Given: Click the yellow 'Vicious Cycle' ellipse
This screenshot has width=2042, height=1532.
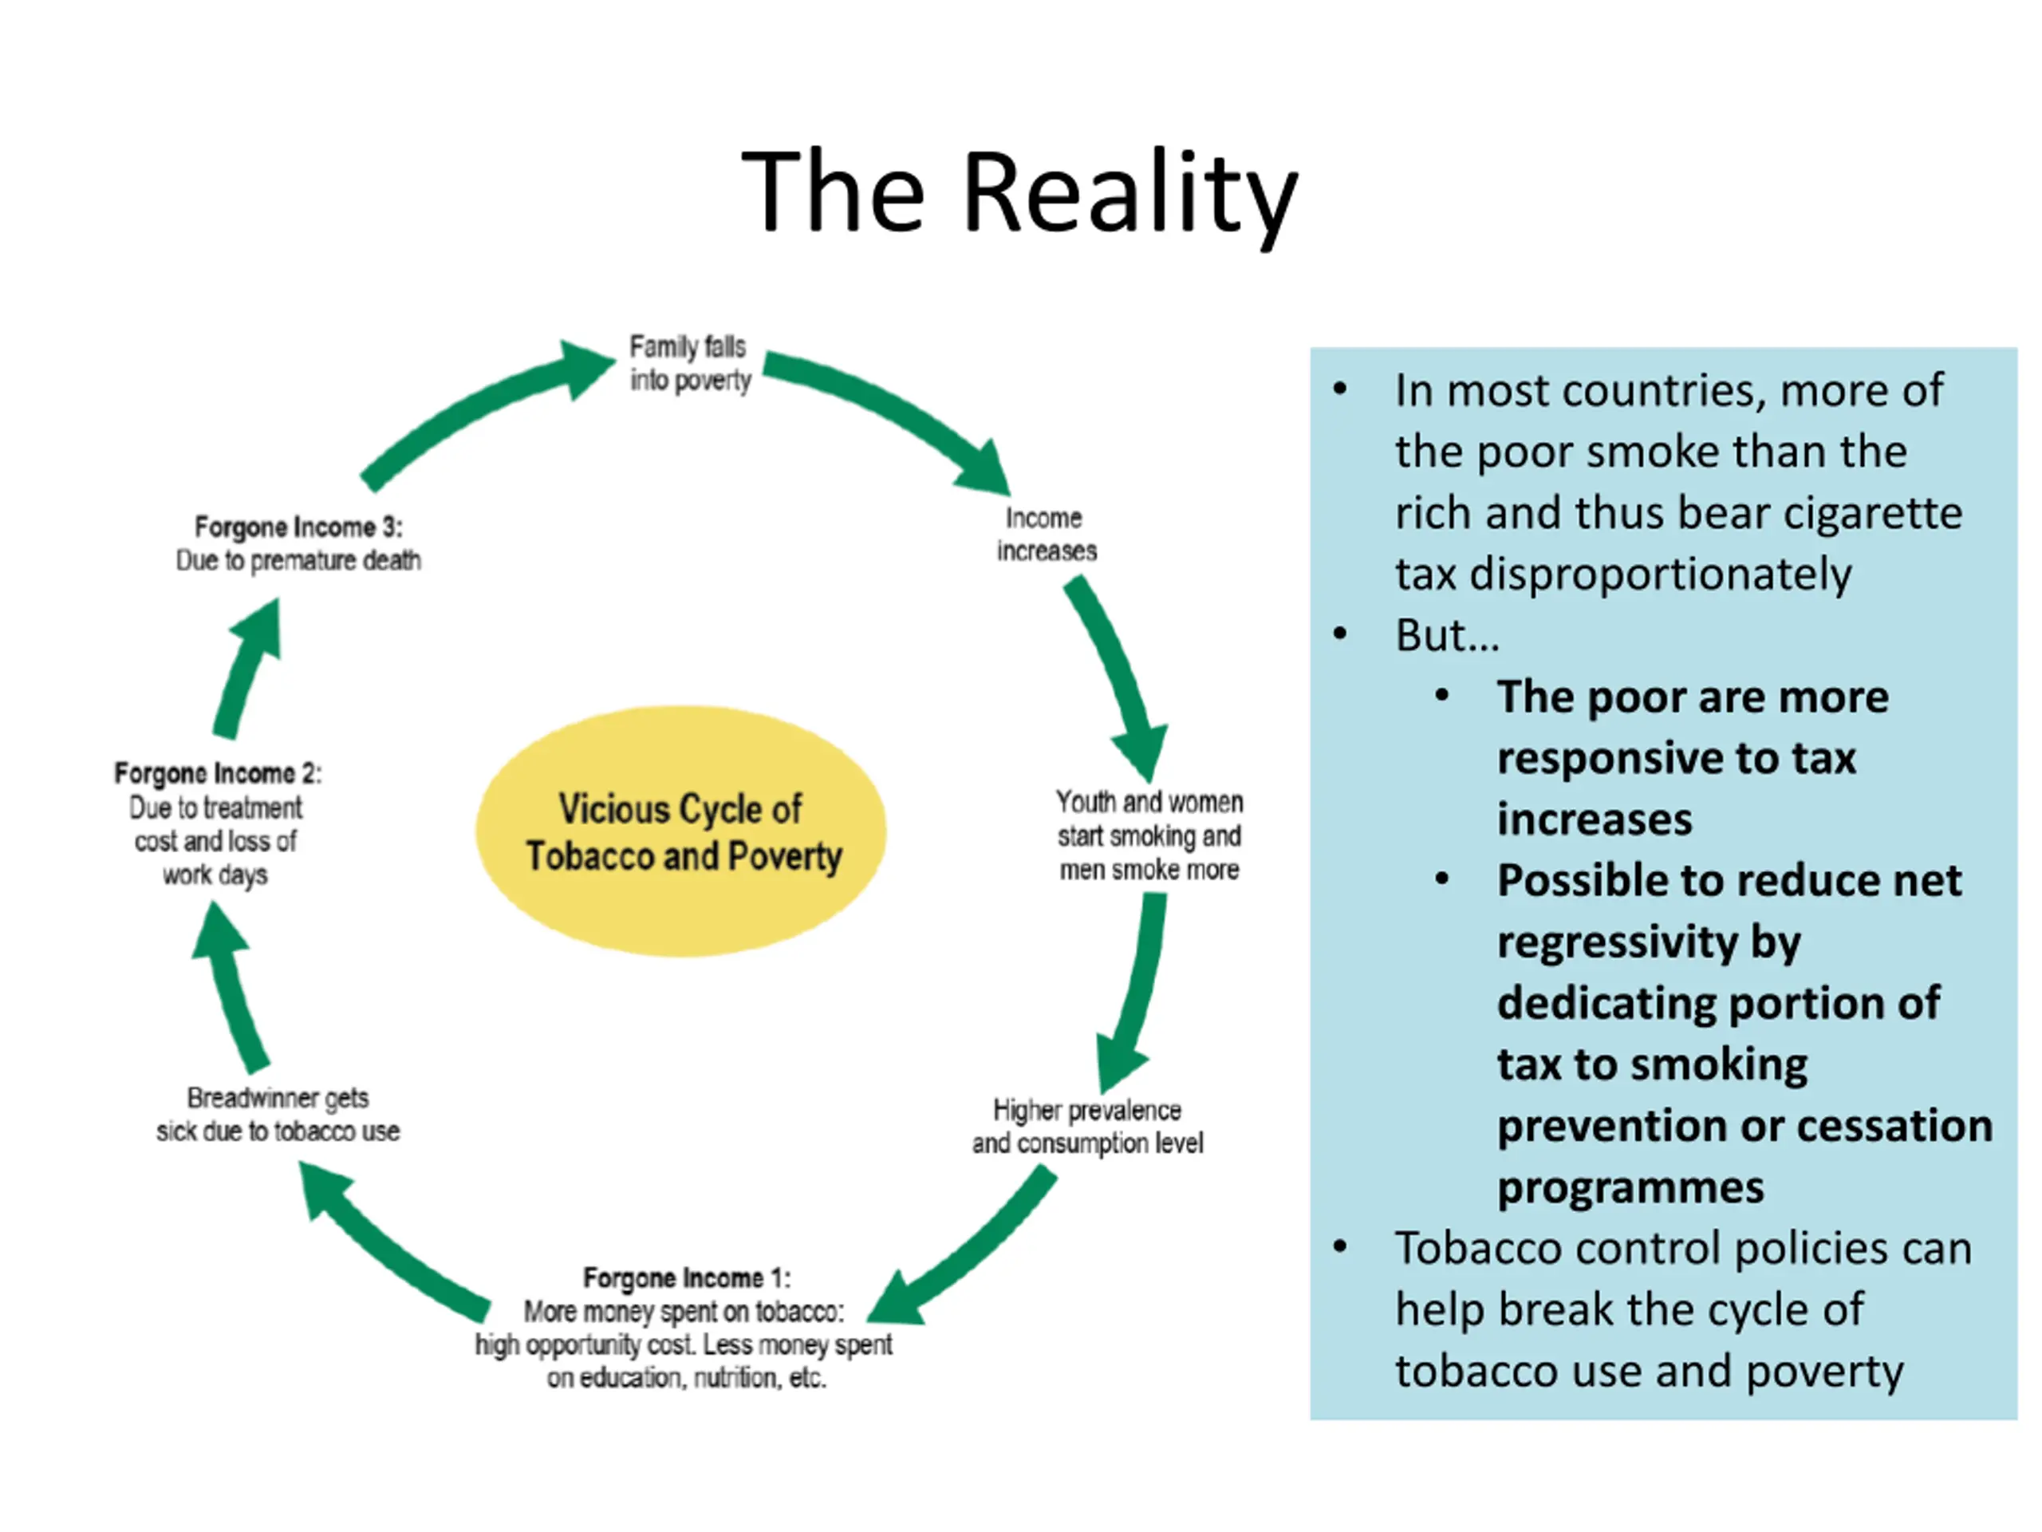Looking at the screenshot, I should pyautogui.click(x=681, y=831).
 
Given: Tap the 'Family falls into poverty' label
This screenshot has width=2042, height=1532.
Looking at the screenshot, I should pyautogui.click(x=690, y=363).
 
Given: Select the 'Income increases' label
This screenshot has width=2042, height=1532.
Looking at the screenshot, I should pyautogui.click(x=1045, y=534).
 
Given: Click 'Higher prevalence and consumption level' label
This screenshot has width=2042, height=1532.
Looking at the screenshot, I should pyautogui.click(x=1086, y=1126).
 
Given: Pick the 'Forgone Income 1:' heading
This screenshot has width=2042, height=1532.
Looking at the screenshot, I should pyautogui.click(x=686, y=1278).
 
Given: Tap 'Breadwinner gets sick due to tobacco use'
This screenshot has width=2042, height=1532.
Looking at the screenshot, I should pyautogui.click(x=277, y=1114).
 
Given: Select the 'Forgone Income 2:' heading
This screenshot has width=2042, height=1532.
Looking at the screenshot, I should pyautogui.click(x=217, y=773).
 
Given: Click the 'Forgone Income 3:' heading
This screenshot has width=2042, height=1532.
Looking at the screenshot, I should pyautogui.click(x=298, y=527).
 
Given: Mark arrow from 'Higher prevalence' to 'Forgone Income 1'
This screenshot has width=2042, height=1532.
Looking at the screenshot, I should pyautogui.click(x=969, y=1246).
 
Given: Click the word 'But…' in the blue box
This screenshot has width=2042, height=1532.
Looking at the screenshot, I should pyautogui.click(x=1447, y=635).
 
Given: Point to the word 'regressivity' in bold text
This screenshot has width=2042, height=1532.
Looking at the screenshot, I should pyautogui.click(x=1648, y=942).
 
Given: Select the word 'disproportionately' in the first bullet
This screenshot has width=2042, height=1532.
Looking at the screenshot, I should pyautogui.click(x=1622, y=574).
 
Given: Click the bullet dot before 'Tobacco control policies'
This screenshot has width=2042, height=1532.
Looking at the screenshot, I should pyautogui.click(x=1340, y=1248).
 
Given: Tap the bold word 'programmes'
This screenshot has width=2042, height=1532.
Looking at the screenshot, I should pyautogui.click(x=1630, y=1187).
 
